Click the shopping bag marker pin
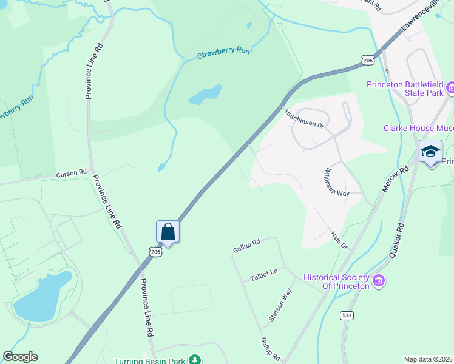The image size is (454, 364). coord(168,232)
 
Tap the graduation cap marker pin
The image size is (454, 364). coord(430,152)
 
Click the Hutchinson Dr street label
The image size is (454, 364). coord(305,118)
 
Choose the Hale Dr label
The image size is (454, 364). coord(339,240)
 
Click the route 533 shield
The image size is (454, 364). coord(347,315)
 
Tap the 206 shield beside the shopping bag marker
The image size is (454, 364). coord(155,251)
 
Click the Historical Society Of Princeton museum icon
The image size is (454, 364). coord(379,280)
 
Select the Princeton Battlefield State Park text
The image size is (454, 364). coord(405,89)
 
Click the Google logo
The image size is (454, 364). coord(20,357)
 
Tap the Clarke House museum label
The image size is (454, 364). coord(418,128)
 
